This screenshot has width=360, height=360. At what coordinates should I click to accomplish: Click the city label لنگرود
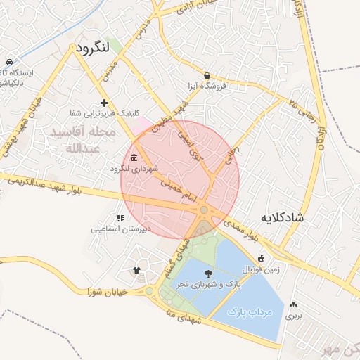click(93, 49)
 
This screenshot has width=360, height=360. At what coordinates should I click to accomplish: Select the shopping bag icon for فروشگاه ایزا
click(207, 75)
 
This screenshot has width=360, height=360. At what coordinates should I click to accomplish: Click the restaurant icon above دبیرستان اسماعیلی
click(120, 218)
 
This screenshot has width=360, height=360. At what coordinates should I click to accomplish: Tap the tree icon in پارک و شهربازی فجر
click(209, 273)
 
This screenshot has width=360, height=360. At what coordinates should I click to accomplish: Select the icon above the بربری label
click(293, 305)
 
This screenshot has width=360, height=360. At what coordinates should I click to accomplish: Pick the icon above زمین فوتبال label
click(262, 257)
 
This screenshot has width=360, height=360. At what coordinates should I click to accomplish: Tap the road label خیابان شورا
click(107, 290)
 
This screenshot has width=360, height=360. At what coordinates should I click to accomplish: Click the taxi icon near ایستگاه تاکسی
click(8, 62)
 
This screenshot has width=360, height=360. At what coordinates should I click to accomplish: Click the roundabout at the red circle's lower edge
click(204, 210)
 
